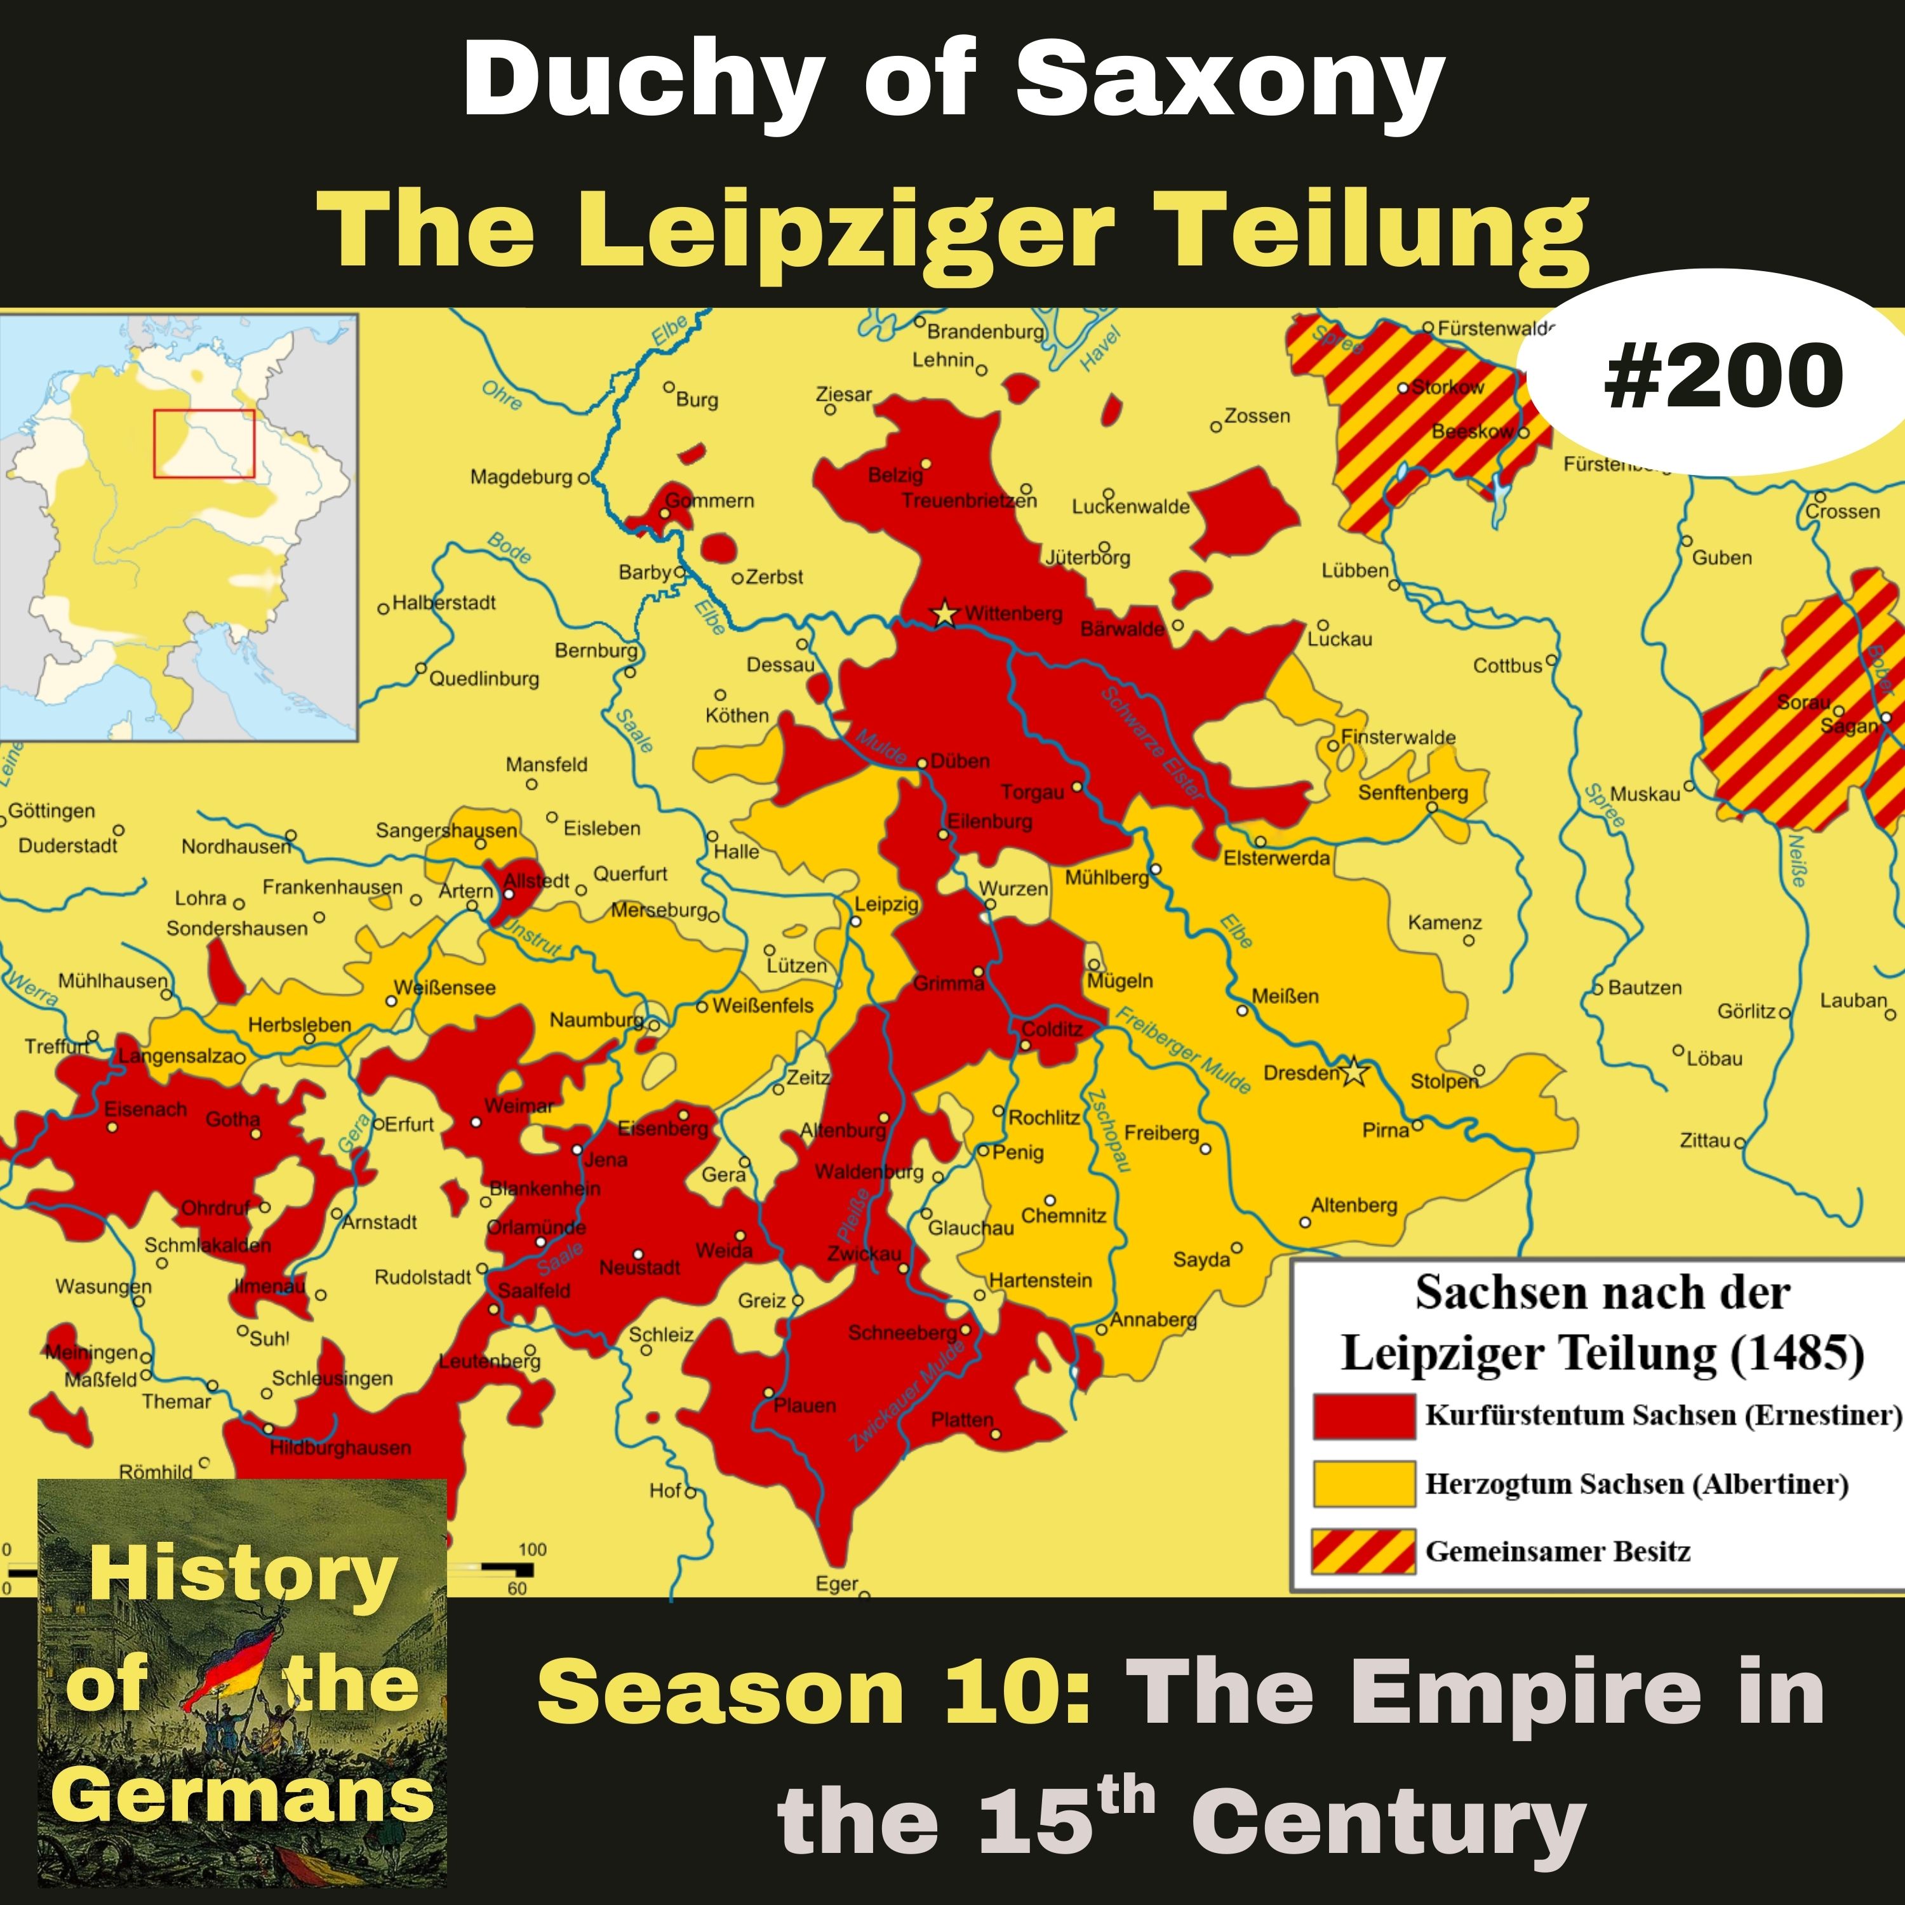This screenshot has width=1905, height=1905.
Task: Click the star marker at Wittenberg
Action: (945, 613)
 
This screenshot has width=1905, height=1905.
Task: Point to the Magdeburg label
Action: (521, 478)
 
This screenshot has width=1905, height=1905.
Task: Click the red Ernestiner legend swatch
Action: (1364, 1416)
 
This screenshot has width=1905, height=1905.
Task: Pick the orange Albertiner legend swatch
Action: (1364, 1484)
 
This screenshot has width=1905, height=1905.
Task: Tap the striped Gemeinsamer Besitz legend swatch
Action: (1364, 1551)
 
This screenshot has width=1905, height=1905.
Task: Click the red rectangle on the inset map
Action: (204, 444)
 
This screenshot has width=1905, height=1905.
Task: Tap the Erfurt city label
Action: (408, 1124)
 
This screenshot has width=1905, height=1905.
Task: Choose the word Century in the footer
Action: (1387, 1822)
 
